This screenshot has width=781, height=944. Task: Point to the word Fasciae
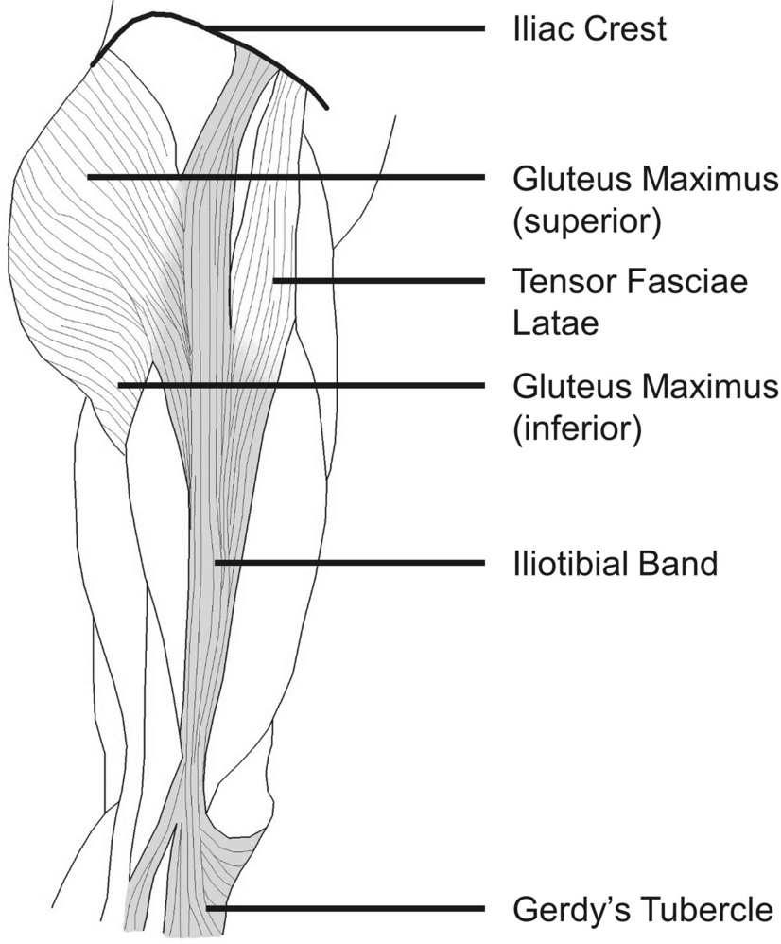coord(681,281)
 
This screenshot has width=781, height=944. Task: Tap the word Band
coord(681,564)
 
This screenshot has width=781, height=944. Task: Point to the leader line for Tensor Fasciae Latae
coord(378,281)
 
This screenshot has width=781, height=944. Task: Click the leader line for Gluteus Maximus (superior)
coord(284,177)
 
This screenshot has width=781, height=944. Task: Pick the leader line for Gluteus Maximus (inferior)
coord(303,385)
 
